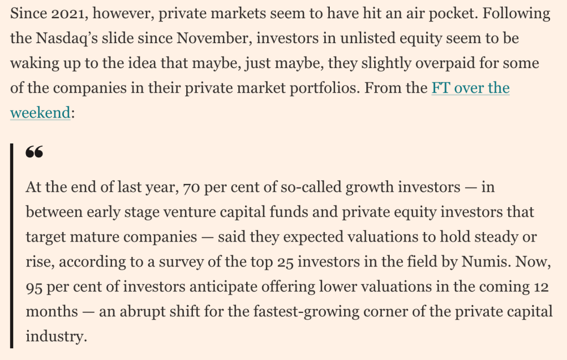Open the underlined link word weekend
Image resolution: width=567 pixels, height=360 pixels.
[40, 113]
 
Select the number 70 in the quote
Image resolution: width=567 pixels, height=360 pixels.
[191, 187]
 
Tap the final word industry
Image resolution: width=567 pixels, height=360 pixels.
[57, 336]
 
